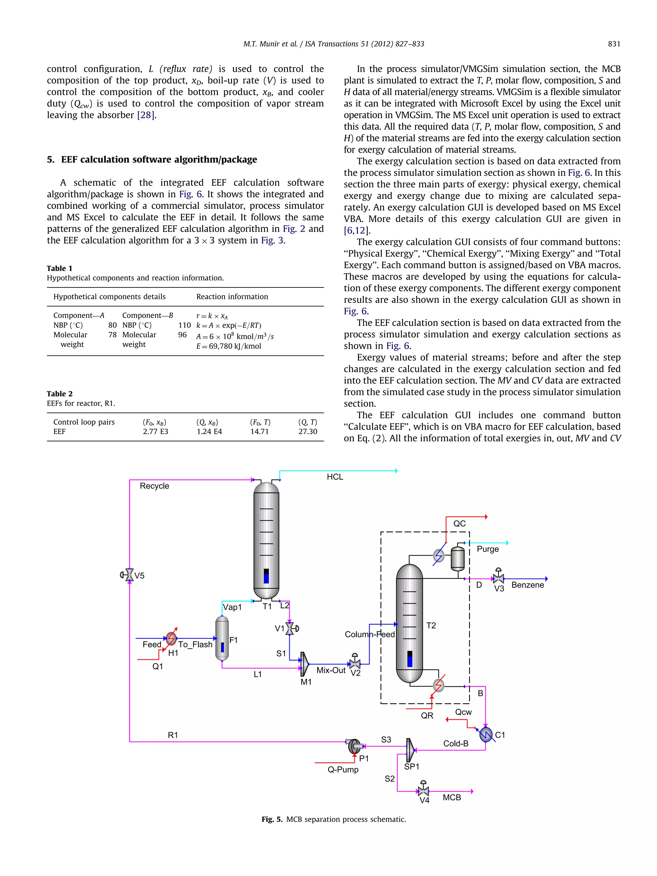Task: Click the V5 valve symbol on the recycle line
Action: [129, 574]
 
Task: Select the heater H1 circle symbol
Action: [171, 638]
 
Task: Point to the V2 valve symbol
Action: [355, 663]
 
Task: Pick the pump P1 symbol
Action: [354, 746]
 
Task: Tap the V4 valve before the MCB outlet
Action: [423, 791]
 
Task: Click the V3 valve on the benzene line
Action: [498, 578]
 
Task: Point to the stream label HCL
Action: [335, 477]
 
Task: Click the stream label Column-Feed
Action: [370, 634]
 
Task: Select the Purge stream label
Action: [488, 549]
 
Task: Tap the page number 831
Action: [614, 44]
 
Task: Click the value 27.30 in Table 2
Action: [308, 432]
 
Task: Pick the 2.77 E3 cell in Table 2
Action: [155, 432]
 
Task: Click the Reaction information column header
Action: [232, 297]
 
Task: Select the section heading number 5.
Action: [50, 160]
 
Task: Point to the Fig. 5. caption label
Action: [272, 819]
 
